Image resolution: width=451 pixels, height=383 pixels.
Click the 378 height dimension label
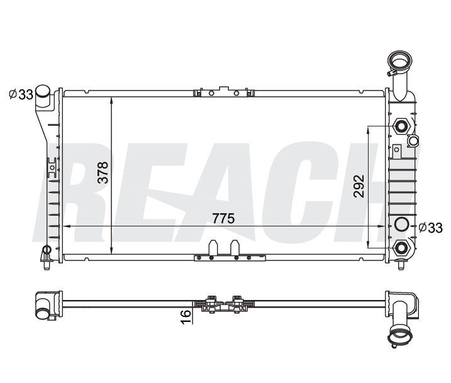pos(103,172)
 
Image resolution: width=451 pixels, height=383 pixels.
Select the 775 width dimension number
pos(223,219)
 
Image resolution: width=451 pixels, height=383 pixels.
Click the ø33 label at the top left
pos(21,94)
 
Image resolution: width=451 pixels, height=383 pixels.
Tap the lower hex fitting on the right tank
pos(401,248)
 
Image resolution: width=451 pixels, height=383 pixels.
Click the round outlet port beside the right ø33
pos(402,225)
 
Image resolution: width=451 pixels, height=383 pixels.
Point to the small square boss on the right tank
pos(397,150)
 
